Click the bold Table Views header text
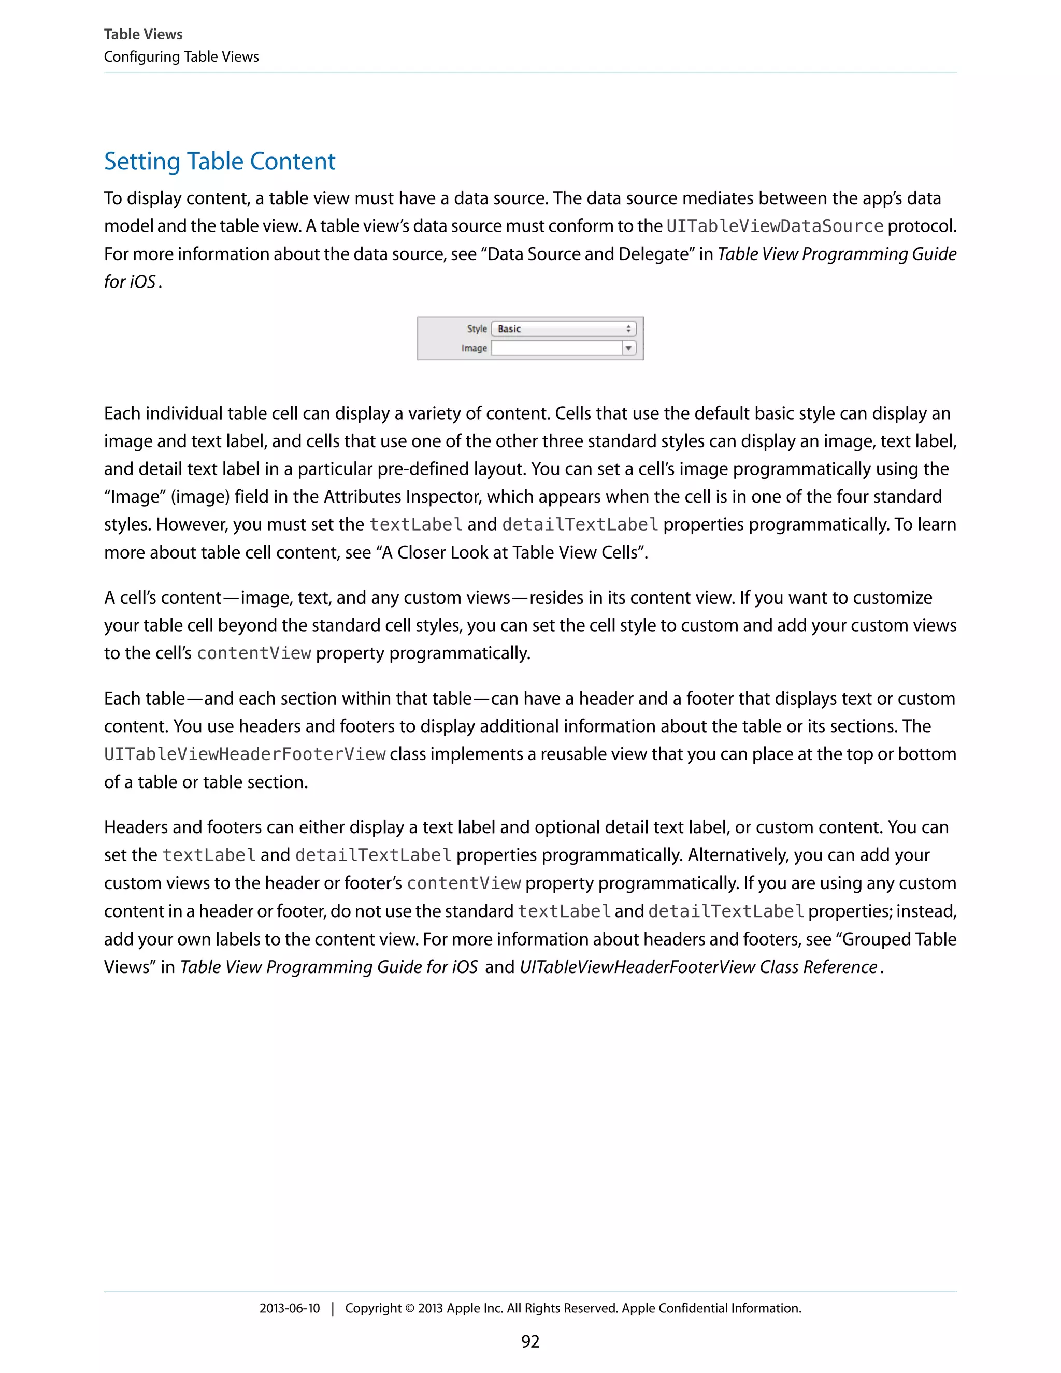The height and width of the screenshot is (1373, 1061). (x=144, y=35)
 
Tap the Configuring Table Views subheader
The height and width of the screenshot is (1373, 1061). (x=181, y=56)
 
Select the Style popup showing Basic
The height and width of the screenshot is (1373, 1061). (x=563, y=329)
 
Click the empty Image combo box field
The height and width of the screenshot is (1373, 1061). (x=556, y=348)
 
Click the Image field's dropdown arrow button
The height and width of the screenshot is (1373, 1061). (x=628, y=348)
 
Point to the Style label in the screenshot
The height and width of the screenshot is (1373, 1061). (x=477, y=329)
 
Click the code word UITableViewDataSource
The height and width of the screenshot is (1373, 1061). (x=775, y=226)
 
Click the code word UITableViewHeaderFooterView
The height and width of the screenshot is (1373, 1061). (x=245, y=754)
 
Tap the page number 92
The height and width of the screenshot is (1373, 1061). (x=530, y=1341)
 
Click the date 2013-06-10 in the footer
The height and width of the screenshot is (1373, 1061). (x=290, y=1308)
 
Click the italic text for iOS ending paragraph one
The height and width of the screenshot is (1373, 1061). (x=130, y=282)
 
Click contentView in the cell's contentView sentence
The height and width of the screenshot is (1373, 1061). (x=254, y=654)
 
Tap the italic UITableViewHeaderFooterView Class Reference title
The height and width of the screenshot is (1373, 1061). (x=698, y=967)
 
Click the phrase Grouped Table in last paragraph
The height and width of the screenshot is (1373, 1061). (x=899, y=939)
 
